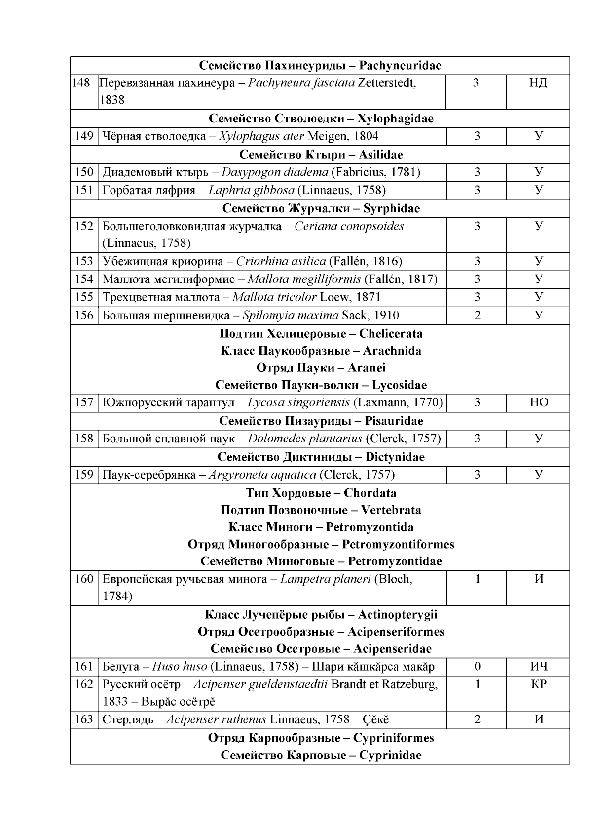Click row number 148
tap(81, 83)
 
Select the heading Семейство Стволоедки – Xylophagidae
tap(321, 119)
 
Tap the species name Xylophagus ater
tap(261, 137)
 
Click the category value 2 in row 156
tap(477, 316)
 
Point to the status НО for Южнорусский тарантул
tap(538, 403)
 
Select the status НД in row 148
tap(538, 83)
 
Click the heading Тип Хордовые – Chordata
tap(321, 493)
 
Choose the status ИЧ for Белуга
tap(538, 667)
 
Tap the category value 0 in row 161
tap(477, 667)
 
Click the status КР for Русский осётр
tap(538, 685)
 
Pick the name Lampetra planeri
tap(325, 579)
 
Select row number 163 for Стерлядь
tap(84, 720)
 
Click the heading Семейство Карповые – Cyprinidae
tap(321, 756)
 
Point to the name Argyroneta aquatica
tap(262, 475)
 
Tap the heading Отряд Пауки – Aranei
tap(321, 368)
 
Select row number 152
tap(84, 227)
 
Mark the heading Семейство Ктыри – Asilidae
tap(321, 155)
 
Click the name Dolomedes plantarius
tap(305, 439)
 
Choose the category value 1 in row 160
tap(477, 579)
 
